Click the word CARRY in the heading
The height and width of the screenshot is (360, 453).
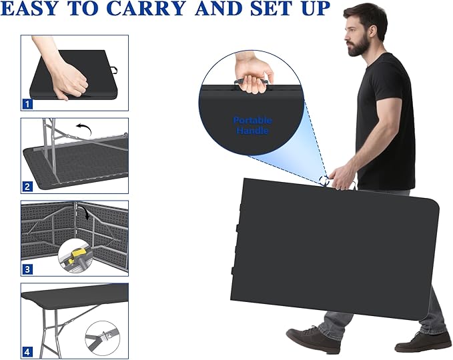point(146,9)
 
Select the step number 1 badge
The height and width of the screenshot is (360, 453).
point(27,104)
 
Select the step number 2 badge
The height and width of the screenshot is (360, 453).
point(27,187)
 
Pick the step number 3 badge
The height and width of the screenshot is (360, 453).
point(27,269)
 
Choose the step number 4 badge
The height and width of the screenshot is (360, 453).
point(27,352)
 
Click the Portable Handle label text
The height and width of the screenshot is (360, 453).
point(252,125)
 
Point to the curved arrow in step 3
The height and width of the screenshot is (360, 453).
point(85,211)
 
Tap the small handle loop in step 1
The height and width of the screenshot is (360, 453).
point(114,71)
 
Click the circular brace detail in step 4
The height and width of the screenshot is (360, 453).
point(102,337)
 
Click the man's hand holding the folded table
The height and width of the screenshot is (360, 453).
point(342,179)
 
